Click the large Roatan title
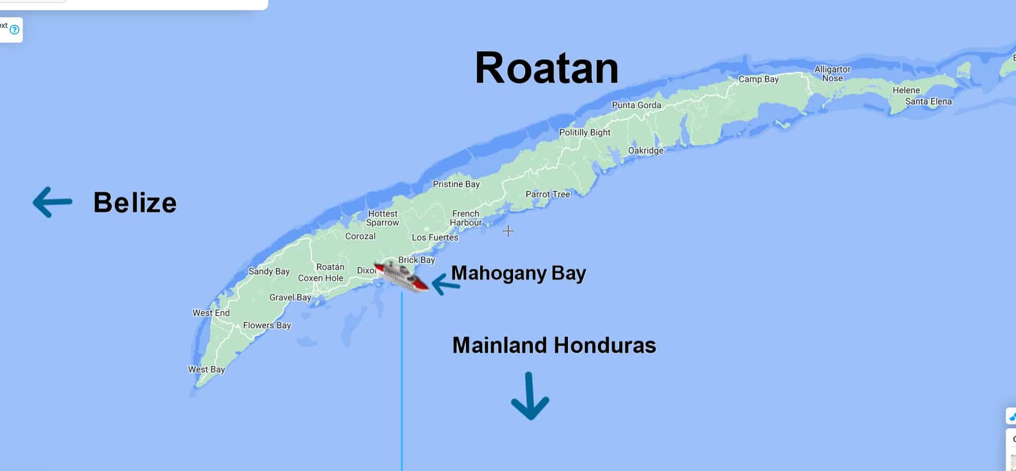click(x=547, y=69)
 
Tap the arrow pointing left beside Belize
click(x=52, y=202)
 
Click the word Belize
click(x=135, y=203)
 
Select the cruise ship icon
click(x=401, y=277)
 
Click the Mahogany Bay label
click(x=519, y=273)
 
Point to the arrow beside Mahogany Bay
click(x=446, y=284)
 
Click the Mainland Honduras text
click(x=554, y=345)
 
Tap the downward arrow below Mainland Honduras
click(x=530, y=396)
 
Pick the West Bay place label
click(x=206, y=369)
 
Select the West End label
click(x=211, y=313)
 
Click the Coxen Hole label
click(x=321, y=278)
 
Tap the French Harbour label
click(x=466, y=218)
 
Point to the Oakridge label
click(x=646, y=151)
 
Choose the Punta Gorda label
click(x=637, y=105)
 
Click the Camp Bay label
click(x=758, y=79)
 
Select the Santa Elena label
click(x=928, y=102)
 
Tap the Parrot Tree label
click(x=548, y=194)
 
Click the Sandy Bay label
click(x=269, y=272)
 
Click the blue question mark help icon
click(x=15, y=29)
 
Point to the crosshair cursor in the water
click(x=508, y=231)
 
